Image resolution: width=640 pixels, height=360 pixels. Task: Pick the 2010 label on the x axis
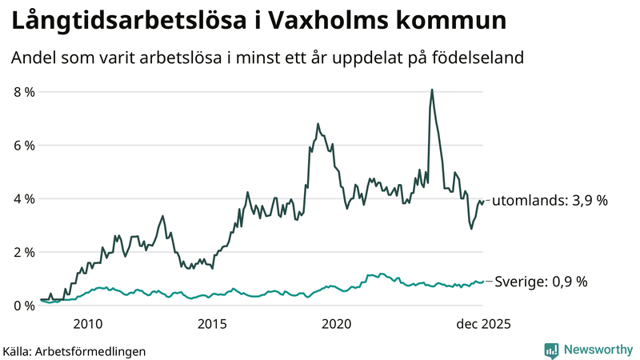click(88, 324)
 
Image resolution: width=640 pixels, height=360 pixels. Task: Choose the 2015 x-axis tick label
click(212, 324)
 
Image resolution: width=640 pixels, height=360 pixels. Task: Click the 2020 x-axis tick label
click(337, 324)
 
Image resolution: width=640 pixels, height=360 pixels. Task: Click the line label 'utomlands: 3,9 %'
click(550, 201)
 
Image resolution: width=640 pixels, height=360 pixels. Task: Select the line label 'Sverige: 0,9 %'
click(542, 282)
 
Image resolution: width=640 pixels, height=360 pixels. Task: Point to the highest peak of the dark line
click(432, 90)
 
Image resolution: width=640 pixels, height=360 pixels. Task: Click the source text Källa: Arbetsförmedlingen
click(74, 350)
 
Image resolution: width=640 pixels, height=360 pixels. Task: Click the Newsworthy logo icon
click(551, 350)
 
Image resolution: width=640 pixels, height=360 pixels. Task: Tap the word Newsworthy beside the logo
click(598, 350)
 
